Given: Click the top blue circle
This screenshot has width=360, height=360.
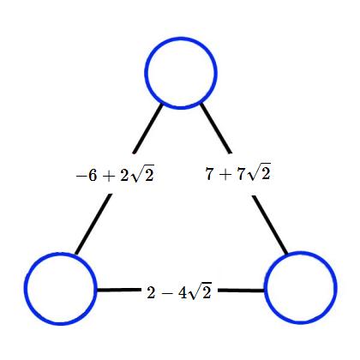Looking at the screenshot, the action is (181, 38).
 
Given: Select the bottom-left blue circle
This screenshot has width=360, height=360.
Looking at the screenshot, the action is (61, 253).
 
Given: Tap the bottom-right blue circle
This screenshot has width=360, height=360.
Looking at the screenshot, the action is (301, 253).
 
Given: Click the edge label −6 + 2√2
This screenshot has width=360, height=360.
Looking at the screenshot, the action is (115, 174).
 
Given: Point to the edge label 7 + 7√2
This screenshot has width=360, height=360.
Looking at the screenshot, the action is (237, 173).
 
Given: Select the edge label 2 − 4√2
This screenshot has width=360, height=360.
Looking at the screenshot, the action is (179, 291).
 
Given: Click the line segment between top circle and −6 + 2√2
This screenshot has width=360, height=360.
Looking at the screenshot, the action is (147, 129).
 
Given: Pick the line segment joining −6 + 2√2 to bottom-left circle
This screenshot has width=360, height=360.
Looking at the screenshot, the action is (93, 224).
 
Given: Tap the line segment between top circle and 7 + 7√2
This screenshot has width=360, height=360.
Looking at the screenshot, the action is (215, 129).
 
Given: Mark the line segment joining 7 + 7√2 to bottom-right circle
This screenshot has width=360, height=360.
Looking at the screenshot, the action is (269, 225).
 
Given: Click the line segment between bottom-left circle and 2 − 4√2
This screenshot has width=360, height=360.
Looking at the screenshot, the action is (119, 291).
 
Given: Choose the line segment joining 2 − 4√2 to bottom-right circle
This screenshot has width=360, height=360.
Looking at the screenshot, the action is (242, 291).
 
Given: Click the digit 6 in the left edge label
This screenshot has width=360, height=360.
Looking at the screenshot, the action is (93, 175).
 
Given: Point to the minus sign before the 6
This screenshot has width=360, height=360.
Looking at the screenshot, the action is (81, 176).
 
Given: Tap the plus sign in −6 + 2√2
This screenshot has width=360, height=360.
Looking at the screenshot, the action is (108, 177).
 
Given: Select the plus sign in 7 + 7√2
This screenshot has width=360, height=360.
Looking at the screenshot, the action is (225, 174).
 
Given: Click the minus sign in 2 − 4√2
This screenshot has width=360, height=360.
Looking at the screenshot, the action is (167, 293).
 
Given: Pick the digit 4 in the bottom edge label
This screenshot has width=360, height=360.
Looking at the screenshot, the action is (183, 292).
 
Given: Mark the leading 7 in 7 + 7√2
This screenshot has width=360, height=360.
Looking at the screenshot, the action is (209, 173).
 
